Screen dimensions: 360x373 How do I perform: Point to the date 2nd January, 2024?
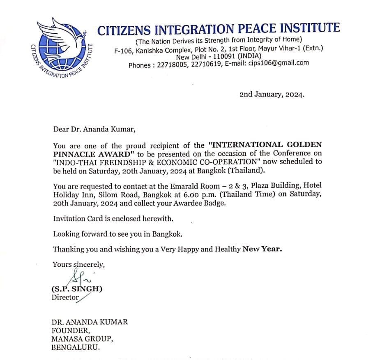(x=272, y=94)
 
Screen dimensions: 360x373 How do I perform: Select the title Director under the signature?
(x=65, y=297)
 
